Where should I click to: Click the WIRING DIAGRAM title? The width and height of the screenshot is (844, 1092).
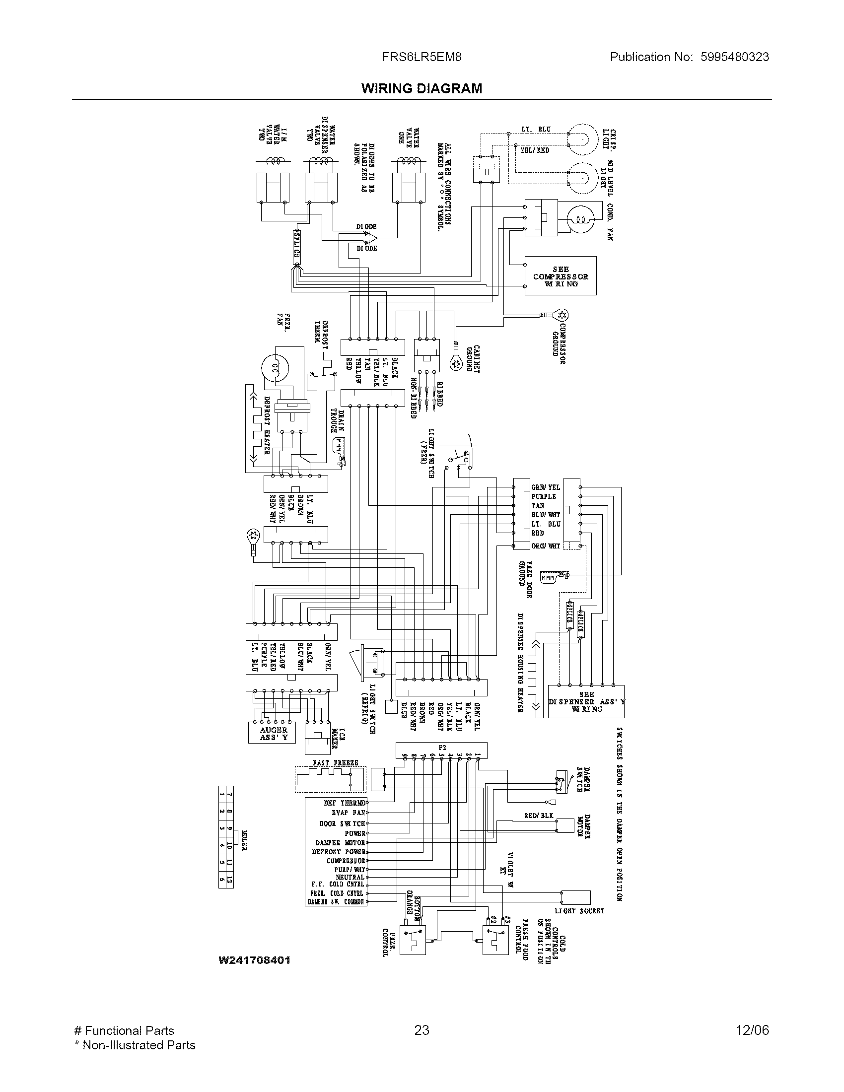(x=422, y=88)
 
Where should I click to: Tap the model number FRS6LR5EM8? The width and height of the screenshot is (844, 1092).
(x=422, y=57)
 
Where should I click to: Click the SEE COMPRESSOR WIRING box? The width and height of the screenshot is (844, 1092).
(x=560, y=276)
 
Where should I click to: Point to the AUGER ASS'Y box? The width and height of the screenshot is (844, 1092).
(x=273, y=734)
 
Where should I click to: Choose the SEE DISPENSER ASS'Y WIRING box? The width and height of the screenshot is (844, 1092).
(x=585, y=701)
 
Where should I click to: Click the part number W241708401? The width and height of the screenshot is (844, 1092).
(x=255, y=960)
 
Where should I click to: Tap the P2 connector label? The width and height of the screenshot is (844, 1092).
(x=442, y=748)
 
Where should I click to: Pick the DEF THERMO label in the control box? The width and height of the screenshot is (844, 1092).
(x=345, y=803)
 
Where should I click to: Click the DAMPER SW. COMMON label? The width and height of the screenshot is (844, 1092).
(x=337, y=902)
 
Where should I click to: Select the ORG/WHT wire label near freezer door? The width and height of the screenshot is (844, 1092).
(x=546, y=546)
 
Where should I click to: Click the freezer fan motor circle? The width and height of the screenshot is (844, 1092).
(x=274, y=368)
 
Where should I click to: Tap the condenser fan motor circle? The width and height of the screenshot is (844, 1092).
(x=580, y=218)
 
